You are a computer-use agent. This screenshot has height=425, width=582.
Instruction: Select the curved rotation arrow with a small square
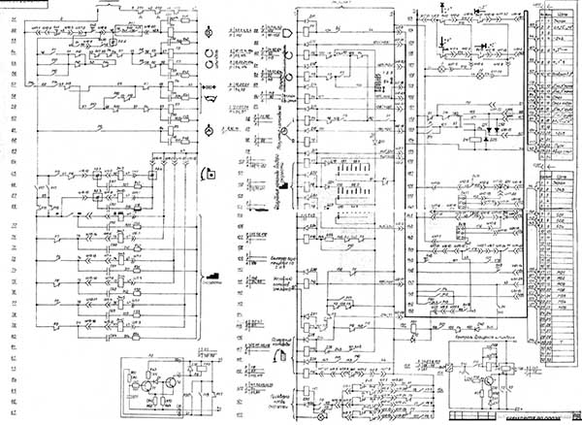207,174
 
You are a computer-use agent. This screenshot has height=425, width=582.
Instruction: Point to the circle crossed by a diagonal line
282,129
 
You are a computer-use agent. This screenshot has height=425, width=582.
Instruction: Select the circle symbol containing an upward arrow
208,130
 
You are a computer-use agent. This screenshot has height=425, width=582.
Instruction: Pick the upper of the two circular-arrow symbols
208,50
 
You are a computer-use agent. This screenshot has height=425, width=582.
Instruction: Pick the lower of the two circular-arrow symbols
208,65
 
